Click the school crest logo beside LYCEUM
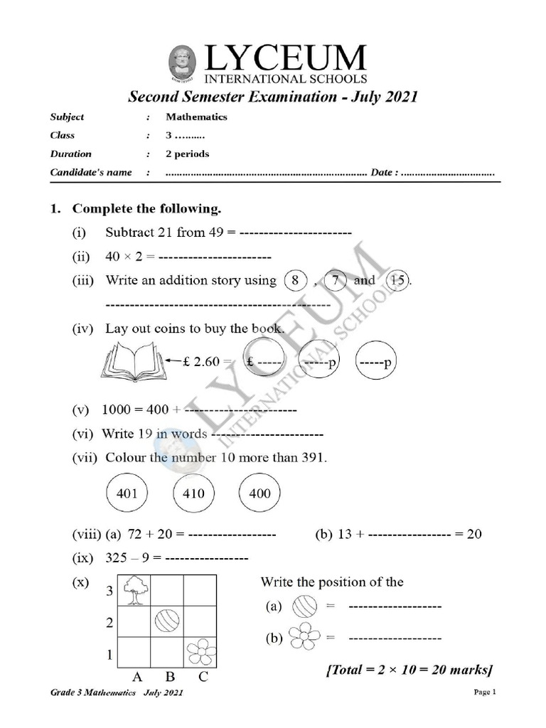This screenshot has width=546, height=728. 184,62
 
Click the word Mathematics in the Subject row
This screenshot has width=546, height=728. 196,117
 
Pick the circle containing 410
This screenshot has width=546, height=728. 193,493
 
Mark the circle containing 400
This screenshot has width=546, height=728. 260,493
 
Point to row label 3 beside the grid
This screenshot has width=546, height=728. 109,591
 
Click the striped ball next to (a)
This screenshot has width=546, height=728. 304,606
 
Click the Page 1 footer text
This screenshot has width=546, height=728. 483,692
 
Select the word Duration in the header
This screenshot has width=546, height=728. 70,154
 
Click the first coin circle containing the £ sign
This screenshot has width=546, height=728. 264,362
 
